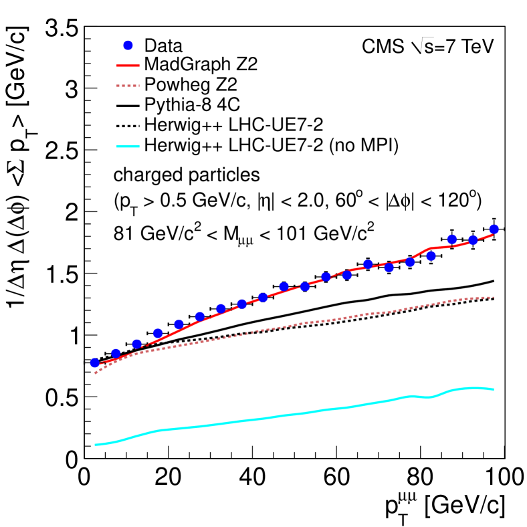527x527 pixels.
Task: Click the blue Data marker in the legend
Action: [x=130, y=46]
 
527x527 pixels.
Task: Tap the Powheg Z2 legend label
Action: [x=183, y=85]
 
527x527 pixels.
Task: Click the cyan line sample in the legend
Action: [x=130, y=143]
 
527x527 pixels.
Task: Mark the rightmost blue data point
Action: [x=494, y=229]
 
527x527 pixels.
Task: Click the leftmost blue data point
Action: [x=95, y=362]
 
